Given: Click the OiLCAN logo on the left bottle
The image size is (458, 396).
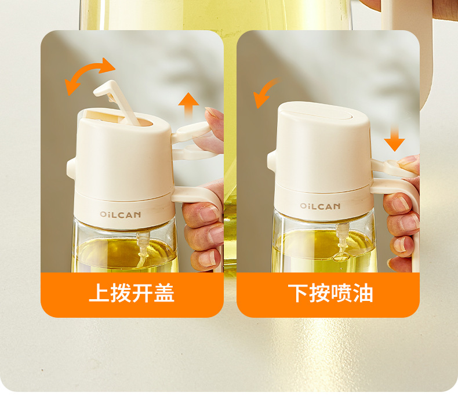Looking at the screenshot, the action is pyautogui.click(x=121, y=215).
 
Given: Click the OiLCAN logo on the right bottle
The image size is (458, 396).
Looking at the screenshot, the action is pyautogui.click(x=320, y=206).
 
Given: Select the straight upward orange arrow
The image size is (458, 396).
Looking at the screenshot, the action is pyautogui.click(x=188, y=107).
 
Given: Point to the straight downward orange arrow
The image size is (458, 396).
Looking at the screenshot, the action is pyautogui.click(x=394, y=137).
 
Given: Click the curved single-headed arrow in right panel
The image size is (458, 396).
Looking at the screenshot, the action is pyautogui.click(x=264, y=90).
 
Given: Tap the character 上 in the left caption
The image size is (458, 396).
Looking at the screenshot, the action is pyautogui.click(x=99, y=293).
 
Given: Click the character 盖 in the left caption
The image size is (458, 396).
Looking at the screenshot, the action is pyautogui.click(x=164, y=293).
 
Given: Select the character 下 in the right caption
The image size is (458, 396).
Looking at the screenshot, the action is pyautogui.click(x=298, y=293).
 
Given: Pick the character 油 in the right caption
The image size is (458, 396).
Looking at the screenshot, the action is pyautogui.click(x=363, y=293).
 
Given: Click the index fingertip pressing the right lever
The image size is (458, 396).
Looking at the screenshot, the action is pyautogui.click(x=408, y=162).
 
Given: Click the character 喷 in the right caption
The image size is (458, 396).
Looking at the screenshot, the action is pyautogui.click(x=341, y=293).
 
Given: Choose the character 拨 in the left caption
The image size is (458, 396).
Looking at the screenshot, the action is pyautogui.click(x=121, y=293).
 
